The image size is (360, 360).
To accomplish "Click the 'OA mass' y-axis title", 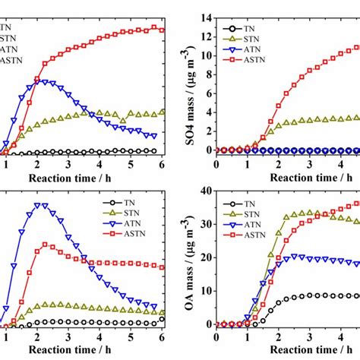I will point(192,258).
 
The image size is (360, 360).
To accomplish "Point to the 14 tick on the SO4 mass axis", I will point(207,15).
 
